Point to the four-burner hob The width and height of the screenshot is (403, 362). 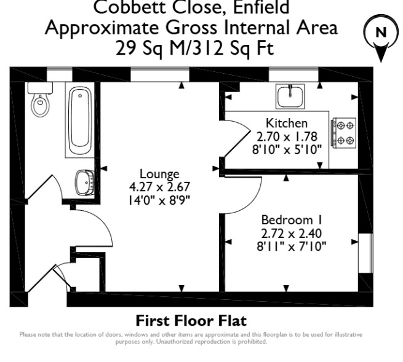pyautogui.click(x=343, y=132)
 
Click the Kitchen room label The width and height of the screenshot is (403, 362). pyautogui.click(x=286, y=123)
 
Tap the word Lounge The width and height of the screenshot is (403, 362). pyautogui.click(x=159, y=174)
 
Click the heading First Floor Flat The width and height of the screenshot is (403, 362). pyautogui.click(x=191, y=321)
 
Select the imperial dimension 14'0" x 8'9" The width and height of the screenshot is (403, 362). pyautogui.click(x=159, y=200)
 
